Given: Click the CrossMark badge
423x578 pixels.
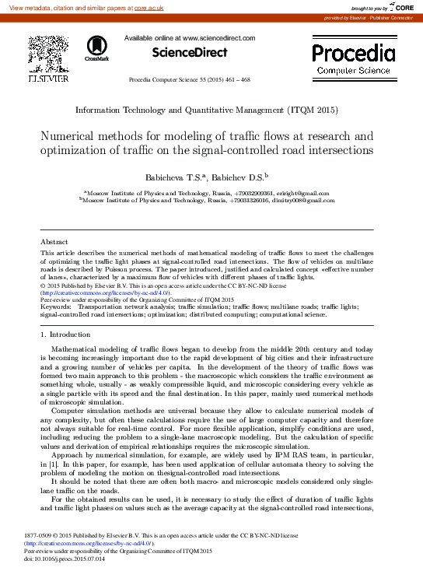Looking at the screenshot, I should click(x=97, y=49).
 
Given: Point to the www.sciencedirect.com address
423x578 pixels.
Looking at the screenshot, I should click(x=218, y=37).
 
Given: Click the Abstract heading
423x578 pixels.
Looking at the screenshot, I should click(x=54, y=242).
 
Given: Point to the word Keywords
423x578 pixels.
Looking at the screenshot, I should click(x=55, y=307).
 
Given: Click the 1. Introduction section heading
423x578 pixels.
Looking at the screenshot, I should click(x=65, y=334).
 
